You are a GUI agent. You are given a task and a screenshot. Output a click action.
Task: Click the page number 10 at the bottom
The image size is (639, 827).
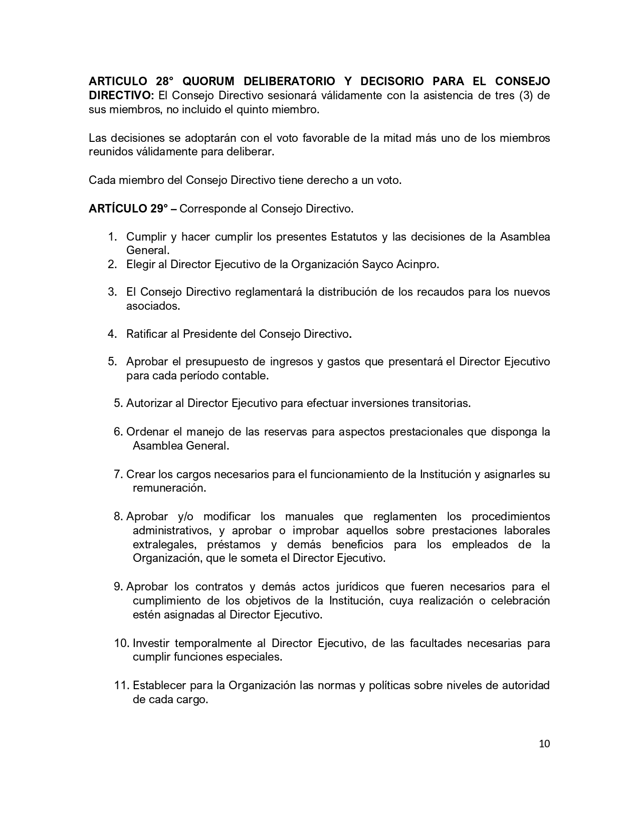(x=544, y=743)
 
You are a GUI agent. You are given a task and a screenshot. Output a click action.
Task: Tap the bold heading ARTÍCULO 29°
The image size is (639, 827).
(x=128, y=209)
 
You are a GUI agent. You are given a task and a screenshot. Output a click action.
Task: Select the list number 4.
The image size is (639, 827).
(x=112, y=334)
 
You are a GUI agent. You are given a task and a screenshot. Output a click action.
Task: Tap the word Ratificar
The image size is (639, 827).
(x=146, y=334)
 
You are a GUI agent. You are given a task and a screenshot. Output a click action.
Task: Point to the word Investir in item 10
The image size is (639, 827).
(x=151, y=643)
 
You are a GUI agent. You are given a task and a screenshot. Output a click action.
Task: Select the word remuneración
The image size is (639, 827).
(x=169, y=488)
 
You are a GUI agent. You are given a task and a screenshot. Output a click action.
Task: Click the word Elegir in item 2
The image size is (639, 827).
(x=140, y=264)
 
